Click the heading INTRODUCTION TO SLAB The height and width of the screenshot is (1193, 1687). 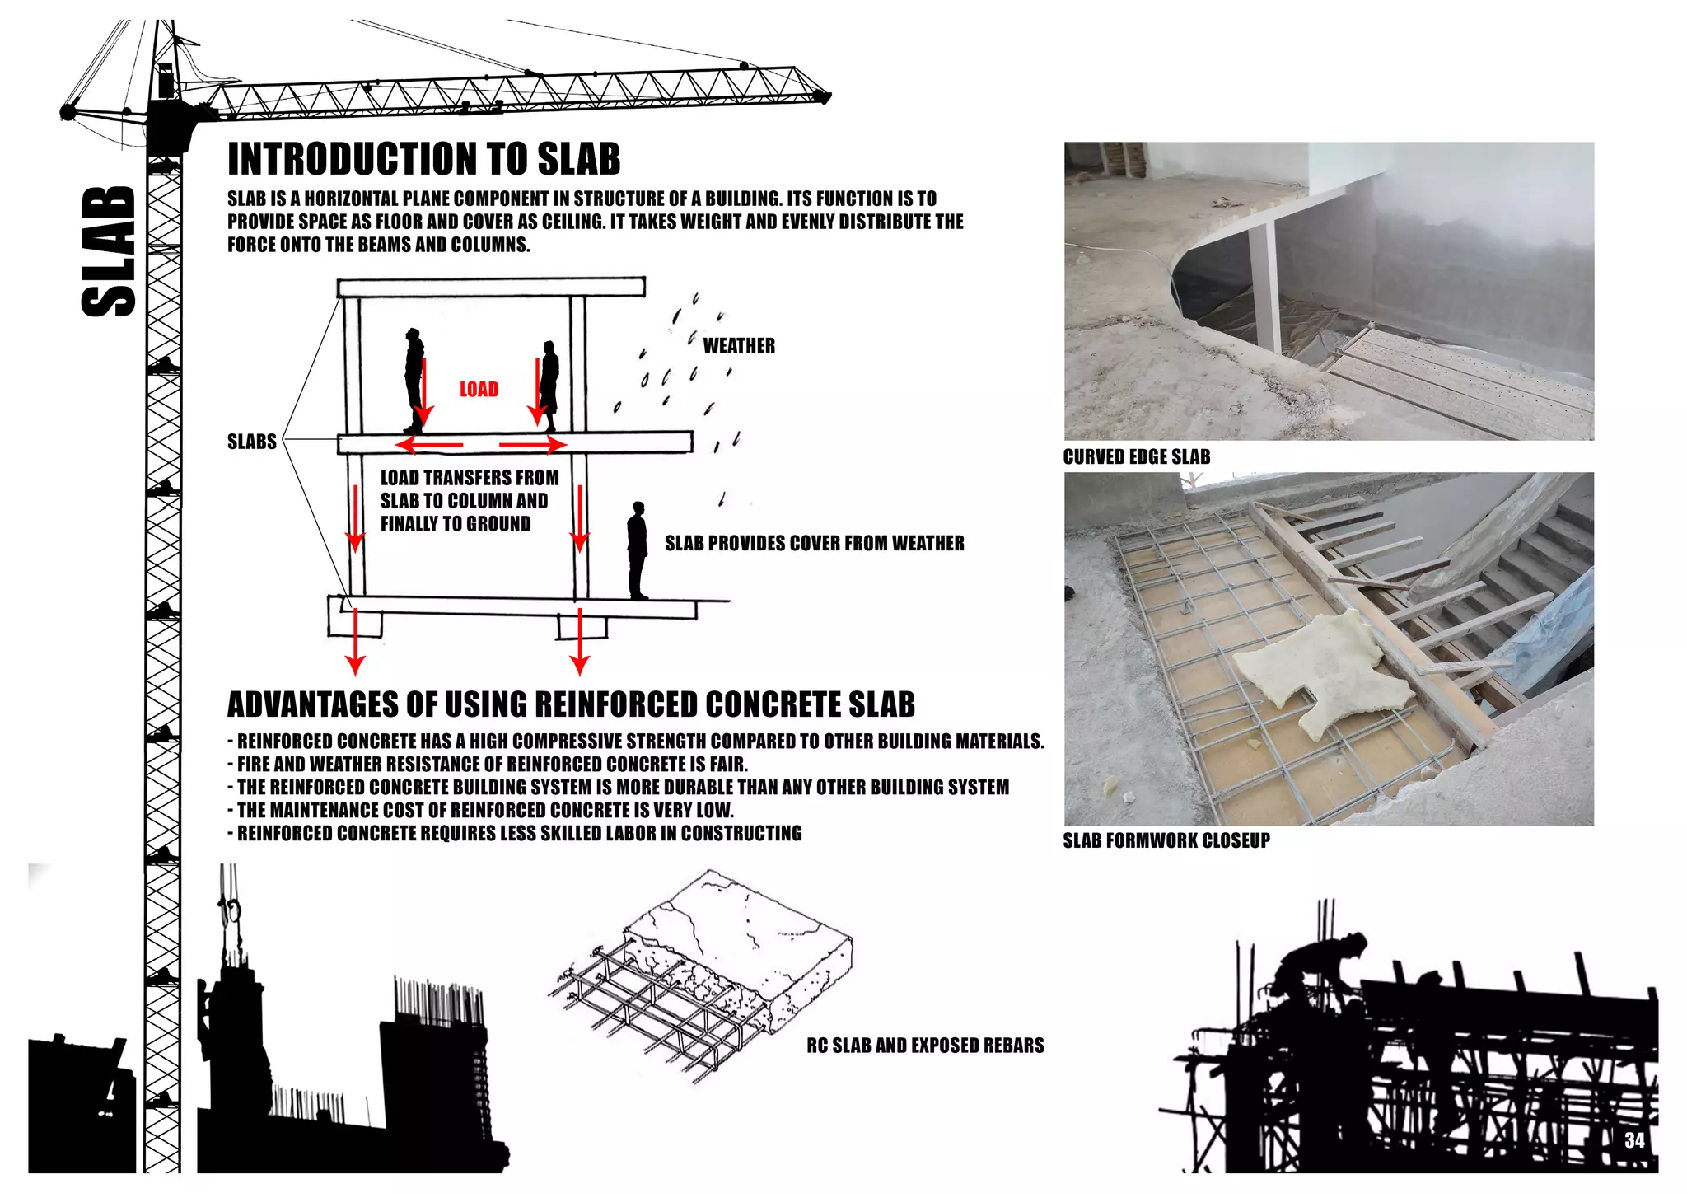[x=423, y=159]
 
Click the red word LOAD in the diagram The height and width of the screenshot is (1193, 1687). [x=479, y=389]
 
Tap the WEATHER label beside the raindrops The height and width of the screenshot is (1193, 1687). [x=739, y=345]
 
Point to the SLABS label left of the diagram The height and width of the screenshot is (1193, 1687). [x=251, y=442]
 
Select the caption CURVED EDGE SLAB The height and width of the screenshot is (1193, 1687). [x=1136, y=457]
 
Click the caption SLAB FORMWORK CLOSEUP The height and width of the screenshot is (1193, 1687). [x=1166, y=840]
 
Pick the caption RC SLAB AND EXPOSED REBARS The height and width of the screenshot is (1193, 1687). [x=924, y=1046]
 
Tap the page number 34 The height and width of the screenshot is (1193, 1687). [x=1634, y=1140]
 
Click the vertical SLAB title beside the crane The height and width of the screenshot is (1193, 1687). [x=109, y=251]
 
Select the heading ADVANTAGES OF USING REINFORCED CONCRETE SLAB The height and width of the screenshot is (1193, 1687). [x=571, y=704]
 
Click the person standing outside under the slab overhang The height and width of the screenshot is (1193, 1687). [x=637, y=550]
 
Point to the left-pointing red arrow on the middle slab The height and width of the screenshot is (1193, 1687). [x=428, y=446]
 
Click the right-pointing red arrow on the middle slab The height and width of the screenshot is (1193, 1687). [x=533, y=446]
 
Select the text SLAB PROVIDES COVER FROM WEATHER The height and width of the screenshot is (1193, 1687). [x=814, y=543]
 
